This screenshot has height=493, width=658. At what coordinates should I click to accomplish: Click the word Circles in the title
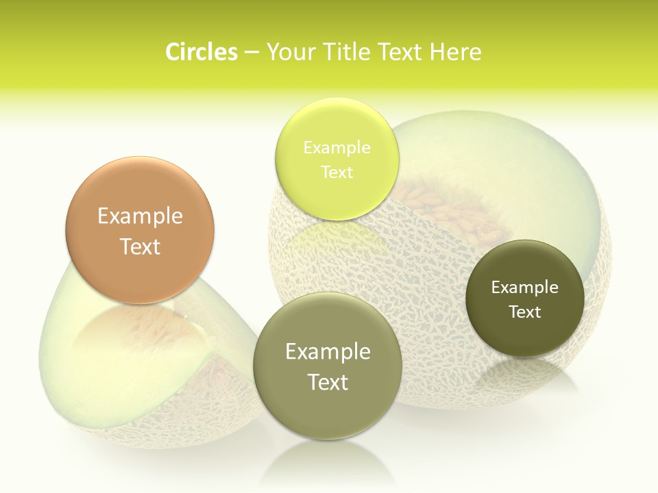pyautogui.click(x=201, y=52)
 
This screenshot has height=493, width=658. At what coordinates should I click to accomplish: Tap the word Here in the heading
pyautogui.click(x=455, y=52)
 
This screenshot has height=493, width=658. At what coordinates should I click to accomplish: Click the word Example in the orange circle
pyautogui.click(x=140, y=216)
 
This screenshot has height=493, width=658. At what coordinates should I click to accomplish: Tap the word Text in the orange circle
pyautogui.click(x=140, y=246)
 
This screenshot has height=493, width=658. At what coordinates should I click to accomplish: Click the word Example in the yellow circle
pyautogui.click(x=337, y=147)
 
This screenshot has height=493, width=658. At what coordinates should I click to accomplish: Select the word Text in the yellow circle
pyautogui.click(x=337, y=172)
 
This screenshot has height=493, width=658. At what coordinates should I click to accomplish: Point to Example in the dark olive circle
pyautogui.click(x=525, y=287)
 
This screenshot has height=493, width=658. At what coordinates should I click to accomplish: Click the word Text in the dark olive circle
pyautogui.click(x=525, y=312)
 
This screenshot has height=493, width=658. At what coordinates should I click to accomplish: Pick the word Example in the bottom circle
pyautogui.click(x=328, y=352)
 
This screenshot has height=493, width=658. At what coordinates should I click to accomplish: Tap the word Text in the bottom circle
pyautogui.click(x=328, y=382)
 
